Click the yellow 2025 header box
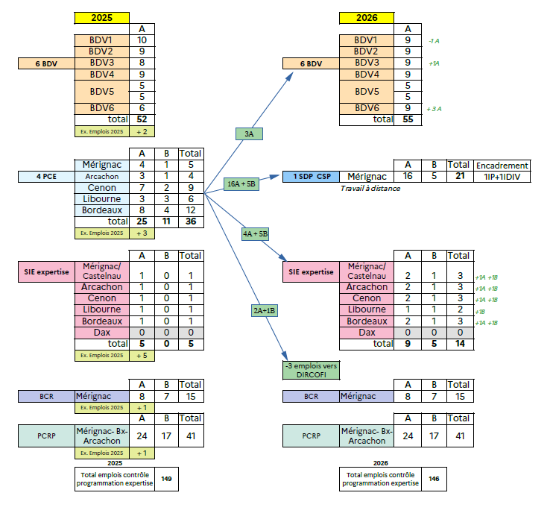click(x=101, y=17)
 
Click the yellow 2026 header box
click(x=366, y=17)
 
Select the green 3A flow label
click(x=249, y=134)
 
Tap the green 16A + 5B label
click(x=240, y=183)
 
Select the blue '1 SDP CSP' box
click(x=311, y=177)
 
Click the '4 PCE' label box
click(x=46, y=177)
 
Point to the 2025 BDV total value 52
click(x=142, y=119)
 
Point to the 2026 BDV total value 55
click(x=407, y=119)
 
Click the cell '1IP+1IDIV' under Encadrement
click(x=502, y=177)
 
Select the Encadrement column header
click(x=502, y=165)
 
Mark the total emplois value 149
click(x=165, y=479)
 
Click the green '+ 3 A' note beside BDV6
click(x=435, y=108)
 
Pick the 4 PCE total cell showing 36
click(x=192, y=221)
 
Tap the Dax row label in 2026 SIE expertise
click(x=367, y=333)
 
